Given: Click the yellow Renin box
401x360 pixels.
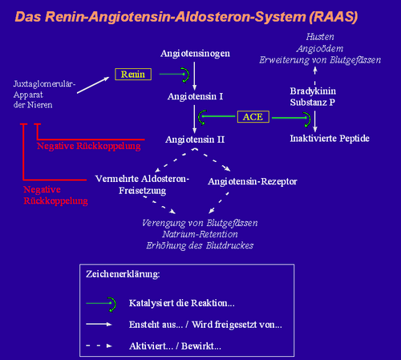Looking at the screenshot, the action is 133,74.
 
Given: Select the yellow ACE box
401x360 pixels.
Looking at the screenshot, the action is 253,117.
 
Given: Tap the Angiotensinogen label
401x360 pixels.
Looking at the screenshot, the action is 195,54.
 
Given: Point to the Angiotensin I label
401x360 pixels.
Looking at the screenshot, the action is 195,96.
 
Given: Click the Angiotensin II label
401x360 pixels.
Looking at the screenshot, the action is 195,140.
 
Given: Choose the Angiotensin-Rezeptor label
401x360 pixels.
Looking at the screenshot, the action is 253,182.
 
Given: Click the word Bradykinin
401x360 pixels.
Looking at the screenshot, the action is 313,91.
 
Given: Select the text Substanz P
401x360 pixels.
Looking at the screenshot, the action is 313,103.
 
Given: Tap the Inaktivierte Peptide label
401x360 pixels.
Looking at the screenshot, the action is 330,139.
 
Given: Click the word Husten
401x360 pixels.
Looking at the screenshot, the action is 320,37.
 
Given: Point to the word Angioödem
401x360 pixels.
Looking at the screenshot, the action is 320,49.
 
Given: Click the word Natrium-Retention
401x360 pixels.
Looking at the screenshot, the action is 200,234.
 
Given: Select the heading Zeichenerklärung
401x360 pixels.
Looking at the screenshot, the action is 123,274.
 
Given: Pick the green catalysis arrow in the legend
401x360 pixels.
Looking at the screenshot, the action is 101,303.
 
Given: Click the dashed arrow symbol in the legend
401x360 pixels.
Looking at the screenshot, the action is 99,346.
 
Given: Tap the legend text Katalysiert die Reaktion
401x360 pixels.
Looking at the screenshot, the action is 182,303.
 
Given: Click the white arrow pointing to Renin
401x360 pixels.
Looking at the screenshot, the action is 93,85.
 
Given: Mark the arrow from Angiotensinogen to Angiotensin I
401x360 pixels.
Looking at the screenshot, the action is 194,76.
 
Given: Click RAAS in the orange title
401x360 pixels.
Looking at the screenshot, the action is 334,17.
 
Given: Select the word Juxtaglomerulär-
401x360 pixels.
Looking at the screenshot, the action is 44,84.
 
